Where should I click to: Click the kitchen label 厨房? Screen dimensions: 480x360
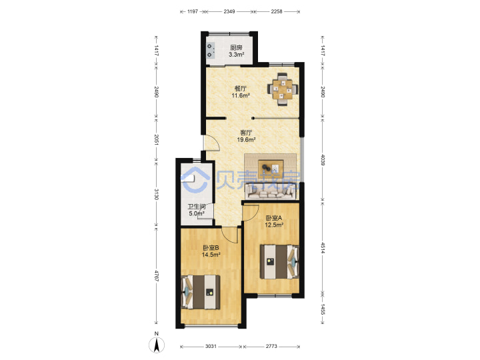coord(236,47)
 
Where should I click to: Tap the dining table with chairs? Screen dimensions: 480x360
coord(283,89)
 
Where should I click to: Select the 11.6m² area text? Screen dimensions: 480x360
coord(241,95)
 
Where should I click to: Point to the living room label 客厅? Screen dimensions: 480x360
coord(246,133)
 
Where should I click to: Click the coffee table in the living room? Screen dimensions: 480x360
coord(271,169)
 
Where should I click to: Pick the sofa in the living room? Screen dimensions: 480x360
coord(272,191)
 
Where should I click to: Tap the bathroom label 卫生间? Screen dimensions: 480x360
coord(196,207)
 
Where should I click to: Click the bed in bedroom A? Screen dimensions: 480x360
coord(279,261)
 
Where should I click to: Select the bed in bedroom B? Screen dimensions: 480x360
coord(201,292)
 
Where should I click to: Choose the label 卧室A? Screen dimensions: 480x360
coord(274,218)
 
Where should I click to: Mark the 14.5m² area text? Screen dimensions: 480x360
coord(211,255)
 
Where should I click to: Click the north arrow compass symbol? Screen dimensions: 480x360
coord(157,344)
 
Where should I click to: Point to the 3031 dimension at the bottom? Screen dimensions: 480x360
coord(211,346)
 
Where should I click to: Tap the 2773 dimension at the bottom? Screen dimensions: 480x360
coord(271,346)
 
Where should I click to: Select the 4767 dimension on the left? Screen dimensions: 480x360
coord(157,276)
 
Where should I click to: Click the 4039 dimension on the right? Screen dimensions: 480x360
coord(323,159)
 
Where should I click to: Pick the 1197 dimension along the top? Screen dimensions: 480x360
coord(193,11)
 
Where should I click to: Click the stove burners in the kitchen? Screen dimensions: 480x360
coord(211,51)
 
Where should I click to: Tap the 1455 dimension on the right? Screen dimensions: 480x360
coord(323,309)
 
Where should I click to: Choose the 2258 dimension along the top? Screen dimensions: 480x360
coord(277,11)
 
